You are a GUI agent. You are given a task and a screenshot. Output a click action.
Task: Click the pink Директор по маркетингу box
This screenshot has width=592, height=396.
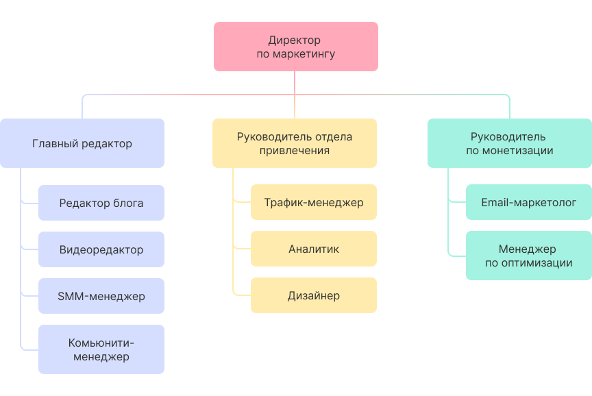[295, 47]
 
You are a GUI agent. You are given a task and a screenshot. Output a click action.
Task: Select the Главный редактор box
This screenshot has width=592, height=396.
[82, 143]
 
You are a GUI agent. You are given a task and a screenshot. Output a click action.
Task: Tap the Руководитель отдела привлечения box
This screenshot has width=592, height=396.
[295, 143]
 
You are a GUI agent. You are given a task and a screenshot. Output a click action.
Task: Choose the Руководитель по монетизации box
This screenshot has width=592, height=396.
[510, 143]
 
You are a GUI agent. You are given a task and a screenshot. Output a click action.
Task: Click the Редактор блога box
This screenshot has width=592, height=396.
[101, 203]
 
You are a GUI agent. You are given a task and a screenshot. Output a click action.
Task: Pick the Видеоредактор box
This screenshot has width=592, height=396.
[101, 249]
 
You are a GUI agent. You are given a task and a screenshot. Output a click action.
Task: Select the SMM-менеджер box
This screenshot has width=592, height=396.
[101, 296]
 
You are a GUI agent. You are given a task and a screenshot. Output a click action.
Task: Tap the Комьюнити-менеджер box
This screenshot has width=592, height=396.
[101, 349]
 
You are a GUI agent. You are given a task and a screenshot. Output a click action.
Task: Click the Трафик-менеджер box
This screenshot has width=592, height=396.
[314, 202]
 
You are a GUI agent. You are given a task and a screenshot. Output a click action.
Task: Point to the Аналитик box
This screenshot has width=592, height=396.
[314, 249]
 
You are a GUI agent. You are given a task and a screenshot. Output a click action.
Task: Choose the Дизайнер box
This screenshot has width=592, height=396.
[314, 295]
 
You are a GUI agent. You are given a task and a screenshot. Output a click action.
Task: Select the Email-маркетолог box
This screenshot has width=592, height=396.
[529, 202]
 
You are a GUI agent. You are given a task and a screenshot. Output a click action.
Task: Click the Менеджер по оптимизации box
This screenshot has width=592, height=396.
[529, 256]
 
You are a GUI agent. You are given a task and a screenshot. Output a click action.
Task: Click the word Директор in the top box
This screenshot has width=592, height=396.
[295, 40]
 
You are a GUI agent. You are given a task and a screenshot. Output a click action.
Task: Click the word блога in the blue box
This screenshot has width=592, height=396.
[128, 203]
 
